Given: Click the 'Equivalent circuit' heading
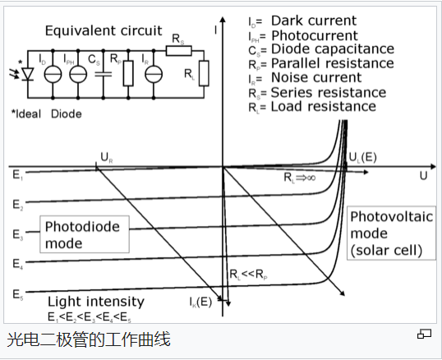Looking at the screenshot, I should pos(103,30).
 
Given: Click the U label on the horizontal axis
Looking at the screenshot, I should pos(423,176).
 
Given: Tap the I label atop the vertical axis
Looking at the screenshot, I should pos(215,31).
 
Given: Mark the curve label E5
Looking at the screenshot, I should pos(17,293).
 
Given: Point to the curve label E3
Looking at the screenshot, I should pos(17,235).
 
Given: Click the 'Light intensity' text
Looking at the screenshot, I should pos(96,302).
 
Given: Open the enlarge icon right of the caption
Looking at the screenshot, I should pos(424,334).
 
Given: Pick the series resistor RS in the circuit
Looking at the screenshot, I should pos(178,50).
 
